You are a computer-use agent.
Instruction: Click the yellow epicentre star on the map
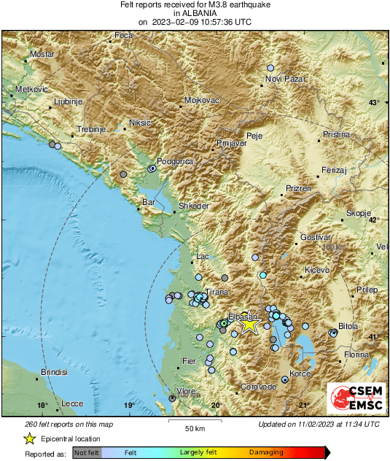click(x=249, y=325)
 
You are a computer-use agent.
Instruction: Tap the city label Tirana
click(x=217, y=292)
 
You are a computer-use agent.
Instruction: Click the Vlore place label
click(x=187, y=391)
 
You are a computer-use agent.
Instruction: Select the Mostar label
click(x=40, y=55)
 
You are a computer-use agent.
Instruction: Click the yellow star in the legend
click(x=29, y=438)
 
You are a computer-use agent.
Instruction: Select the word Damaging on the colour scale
click(x=267, y=452)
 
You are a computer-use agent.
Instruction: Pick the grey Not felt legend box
click(x=87, y=453)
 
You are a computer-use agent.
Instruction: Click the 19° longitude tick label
click(x=129, y=406)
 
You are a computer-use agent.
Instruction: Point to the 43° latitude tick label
click(x=374, y=102)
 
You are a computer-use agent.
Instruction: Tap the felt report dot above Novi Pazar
click(x=271, y=66)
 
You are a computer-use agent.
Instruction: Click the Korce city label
click(x=300, y=373)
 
